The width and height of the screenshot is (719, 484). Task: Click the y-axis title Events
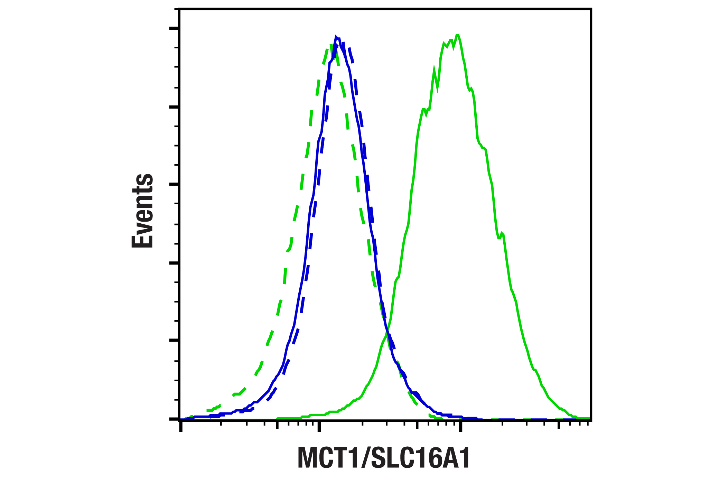point(142,211)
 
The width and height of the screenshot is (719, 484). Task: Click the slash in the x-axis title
point(366,458)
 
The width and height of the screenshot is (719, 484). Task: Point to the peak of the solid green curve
point(457,36)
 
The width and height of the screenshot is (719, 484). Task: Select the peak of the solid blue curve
point(336,37)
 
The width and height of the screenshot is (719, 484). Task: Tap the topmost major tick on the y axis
point(174,28)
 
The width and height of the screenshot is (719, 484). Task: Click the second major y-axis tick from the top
point(174,107)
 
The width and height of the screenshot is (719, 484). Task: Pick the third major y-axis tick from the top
point(174,184)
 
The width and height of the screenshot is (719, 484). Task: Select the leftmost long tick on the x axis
point(180,427)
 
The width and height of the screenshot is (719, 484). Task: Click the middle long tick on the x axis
point(319,427)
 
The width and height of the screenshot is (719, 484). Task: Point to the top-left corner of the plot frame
point(179,9)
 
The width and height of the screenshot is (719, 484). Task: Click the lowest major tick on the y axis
point(174,419)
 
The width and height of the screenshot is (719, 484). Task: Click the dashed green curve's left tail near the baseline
point(211,410)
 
